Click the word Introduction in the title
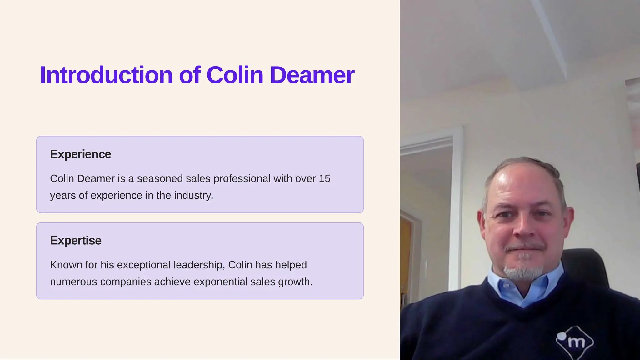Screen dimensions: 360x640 tap(106, 75)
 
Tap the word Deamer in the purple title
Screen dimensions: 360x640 tap(312, 75)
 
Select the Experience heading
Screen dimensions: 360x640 tap(81, 154)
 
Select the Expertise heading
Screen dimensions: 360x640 tap(76, 241)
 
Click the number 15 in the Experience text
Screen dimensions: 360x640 tap(324, 178)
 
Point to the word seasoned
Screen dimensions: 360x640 tap(160, 178)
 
